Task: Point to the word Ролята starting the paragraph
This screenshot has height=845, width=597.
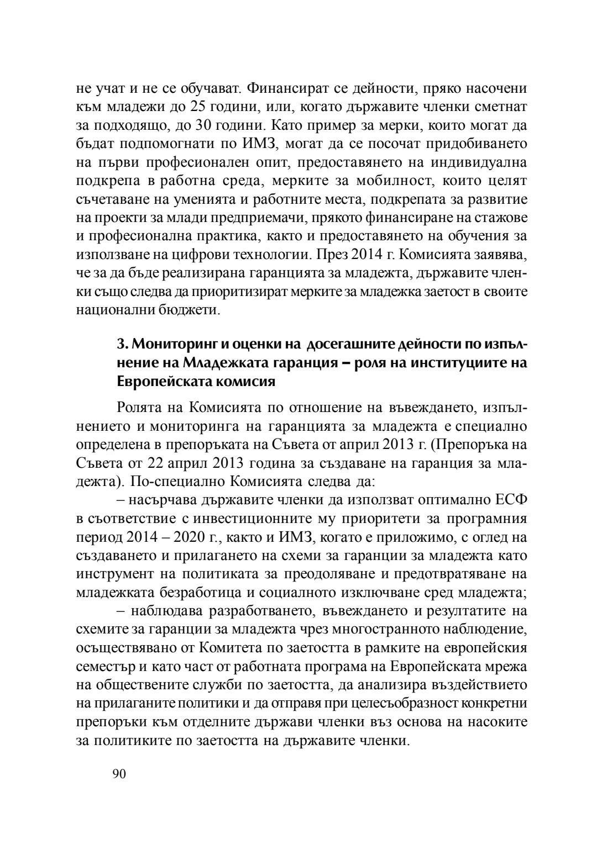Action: point(143,409)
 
